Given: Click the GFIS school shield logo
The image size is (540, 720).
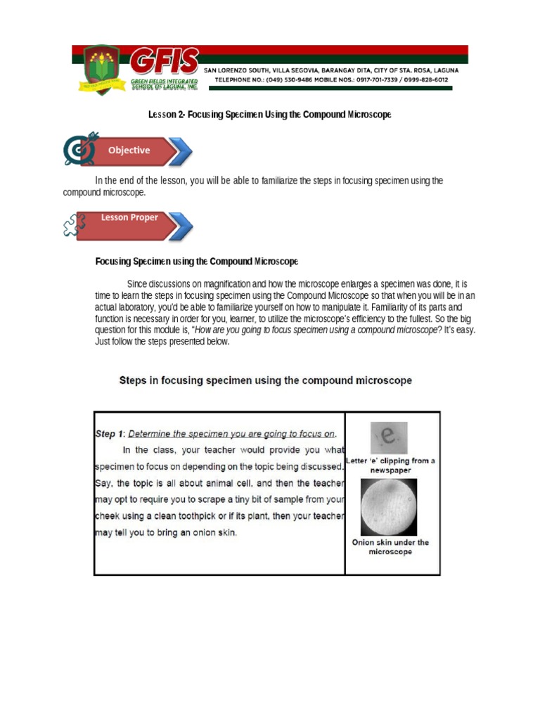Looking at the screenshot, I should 98,70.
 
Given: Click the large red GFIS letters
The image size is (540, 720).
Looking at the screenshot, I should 165,63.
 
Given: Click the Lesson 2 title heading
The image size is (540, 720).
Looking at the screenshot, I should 269,114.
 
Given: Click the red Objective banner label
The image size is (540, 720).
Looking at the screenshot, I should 129,150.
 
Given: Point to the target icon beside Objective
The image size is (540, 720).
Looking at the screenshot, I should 79,149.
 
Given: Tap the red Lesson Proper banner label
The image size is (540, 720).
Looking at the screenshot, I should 129,218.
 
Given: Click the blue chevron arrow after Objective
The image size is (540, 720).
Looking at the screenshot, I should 181,151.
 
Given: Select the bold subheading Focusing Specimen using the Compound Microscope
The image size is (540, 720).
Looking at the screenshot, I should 197,262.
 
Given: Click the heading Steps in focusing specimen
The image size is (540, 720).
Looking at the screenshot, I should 265,380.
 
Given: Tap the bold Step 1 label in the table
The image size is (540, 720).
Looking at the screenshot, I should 110,434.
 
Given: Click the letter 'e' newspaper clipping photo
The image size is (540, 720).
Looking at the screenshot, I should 388,437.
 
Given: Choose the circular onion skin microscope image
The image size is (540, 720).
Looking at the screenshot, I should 388,507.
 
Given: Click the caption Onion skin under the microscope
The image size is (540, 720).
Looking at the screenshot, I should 390,547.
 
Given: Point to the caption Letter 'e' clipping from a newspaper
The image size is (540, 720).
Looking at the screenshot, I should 390,465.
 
